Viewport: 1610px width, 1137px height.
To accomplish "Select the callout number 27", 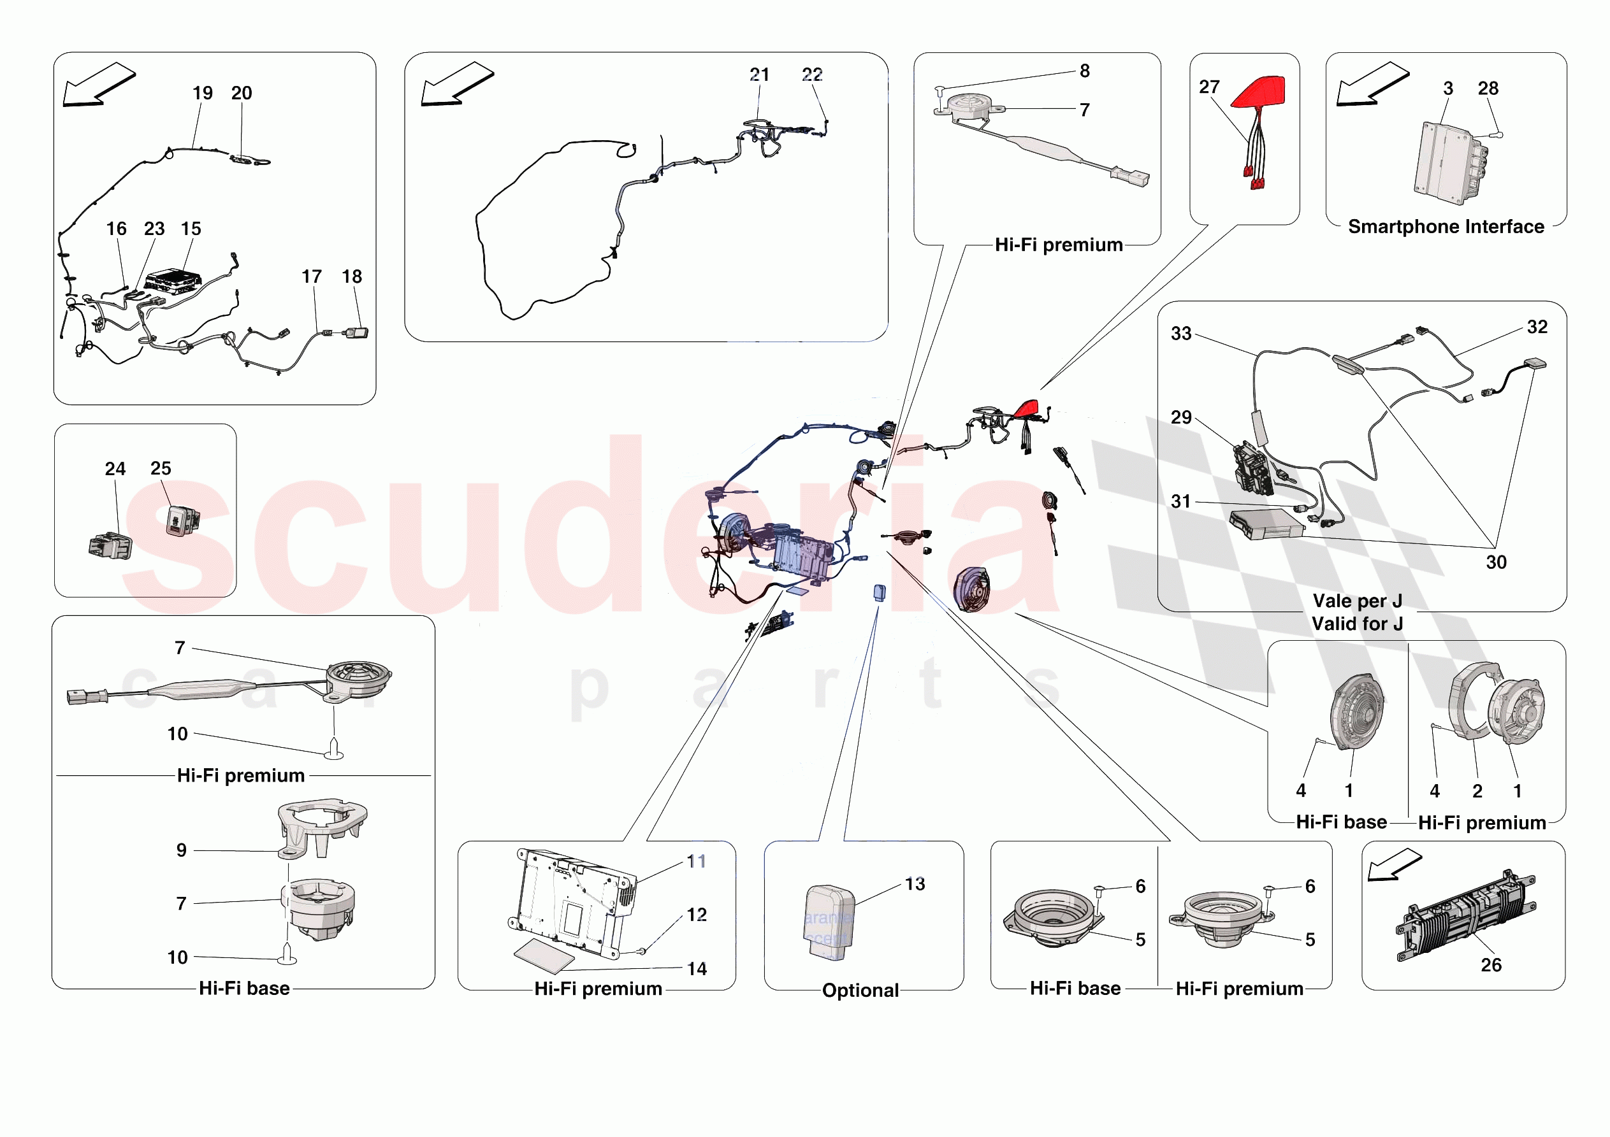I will [x=1209, y=87].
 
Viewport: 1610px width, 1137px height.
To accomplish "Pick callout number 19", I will [x=203, y=92].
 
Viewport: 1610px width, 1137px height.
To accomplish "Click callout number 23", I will [x=154, y=229].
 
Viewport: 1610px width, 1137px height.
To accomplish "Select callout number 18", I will [x=352, y=276].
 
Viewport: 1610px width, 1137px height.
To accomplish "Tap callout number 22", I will [x=812, y=75].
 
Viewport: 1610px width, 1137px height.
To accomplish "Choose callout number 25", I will [x=161, y=468].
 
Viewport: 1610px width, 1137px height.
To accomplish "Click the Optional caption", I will [x=860, y=990].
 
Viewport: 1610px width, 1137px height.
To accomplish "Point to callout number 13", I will [x=915, y=884].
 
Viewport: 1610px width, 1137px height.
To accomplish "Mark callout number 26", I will [x=1491, y=964].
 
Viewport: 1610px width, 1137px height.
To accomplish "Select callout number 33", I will [x=1181, y=334].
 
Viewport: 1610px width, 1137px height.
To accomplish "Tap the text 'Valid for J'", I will [x=1357, y=623].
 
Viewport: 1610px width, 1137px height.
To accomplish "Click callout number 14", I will [x=696, y=969].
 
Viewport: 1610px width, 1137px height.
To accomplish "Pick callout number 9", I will [x=182, y=850].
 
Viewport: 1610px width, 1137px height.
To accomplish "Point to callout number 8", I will [x=1084, y=71].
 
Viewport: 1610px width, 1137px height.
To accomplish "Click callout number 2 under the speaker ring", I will [x=1477, y=790].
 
